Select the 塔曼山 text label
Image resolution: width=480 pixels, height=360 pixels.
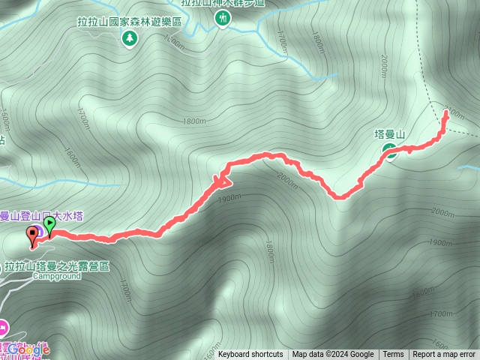tap(389, 134)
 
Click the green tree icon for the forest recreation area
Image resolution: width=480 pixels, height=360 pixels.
tap(130, 37)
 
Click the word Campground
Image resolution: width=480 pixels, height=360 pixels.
tap(55, 275)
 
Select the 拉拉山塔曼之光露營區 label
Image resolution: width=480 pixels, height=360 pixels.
tap(57, 265)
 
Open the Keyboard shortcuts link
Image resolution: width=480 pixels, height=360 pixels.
tap(250, 355)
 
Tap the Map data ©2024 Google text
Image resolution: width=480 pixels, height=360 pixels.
tap(333, 355)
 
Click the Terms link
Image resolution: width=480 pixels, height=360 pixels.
tap(393, 355)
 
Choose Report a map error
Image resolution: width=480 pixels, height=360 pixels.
tap(444, 355)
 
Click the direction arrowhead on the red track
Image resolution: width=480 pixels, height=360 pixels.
tap(223, 180)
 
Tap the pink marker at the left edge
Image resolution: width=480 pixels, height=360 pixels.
tap(3, 326)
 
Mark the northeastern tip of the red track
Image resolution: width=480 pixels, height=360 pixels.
tap(447, 112)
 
